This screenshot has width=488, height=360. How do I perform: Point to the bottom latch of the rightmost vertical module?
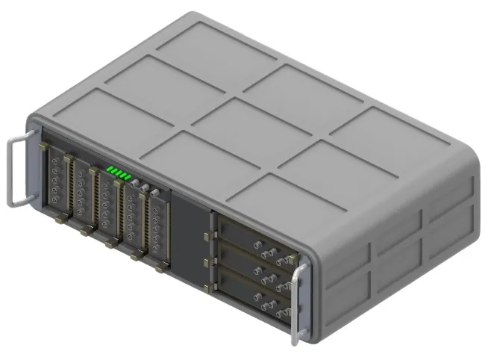[x=160, y=267]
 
